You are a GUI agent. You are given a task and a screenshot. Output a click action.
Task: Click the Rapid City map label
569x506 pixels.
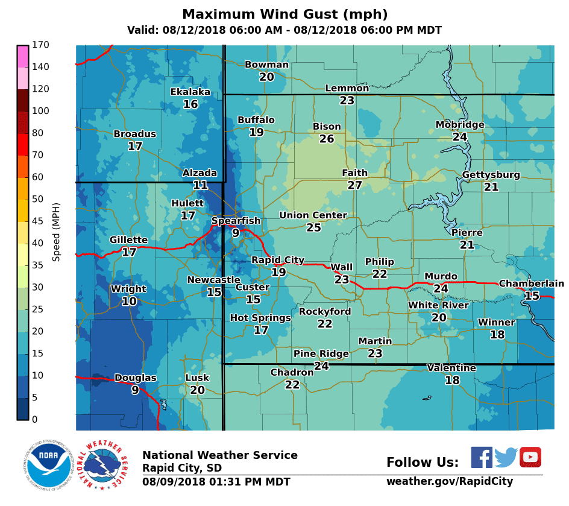[278, 260]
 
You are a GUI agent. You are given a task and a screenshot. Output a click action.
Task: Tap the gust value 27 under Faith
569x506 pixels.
[354, 185]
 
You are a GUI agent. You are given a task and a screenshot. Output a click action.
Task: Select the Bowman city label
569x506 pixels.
[266, 65]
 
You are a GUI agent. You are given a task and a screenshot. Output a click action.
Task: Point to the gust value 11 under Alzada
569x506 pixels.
[200, 185]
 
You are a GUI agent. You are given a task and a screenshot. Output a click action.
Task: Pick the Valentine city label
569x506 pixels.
[451, 368]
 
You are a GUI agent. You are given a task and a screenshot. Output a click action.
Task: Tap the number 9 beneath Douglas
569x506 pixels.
[135, 390]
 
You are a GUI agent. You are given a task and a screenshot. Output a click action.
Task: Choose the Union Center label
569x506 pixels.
[313, 215]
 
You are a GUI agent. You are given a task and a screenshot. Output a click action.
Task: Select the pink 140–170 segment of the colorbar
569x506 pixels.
[23, 56]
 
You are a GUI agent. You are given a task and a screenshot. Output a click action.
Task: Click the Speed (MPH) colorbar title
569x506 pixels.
[57, 232]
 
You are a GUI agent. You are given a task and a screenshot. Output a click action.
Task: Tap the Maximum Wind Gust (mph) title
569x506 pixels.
[284, 14]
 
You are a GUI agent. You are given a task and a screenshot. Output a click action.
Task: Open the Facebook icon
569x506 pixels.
[482, 457]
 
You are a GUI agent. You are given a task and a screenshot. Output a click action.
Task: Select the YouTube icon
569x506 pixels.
[530, 457]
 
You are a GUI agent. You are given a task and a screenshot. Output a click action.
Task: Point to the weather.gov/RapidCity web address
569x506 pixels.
[450, 481]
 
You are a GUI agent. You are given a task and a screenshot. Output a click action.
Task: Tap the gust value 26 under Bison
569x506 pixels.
[327, 139]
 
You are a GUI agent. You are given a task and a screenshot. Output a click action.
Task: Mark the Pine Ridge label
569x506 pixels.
[321, 353]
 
